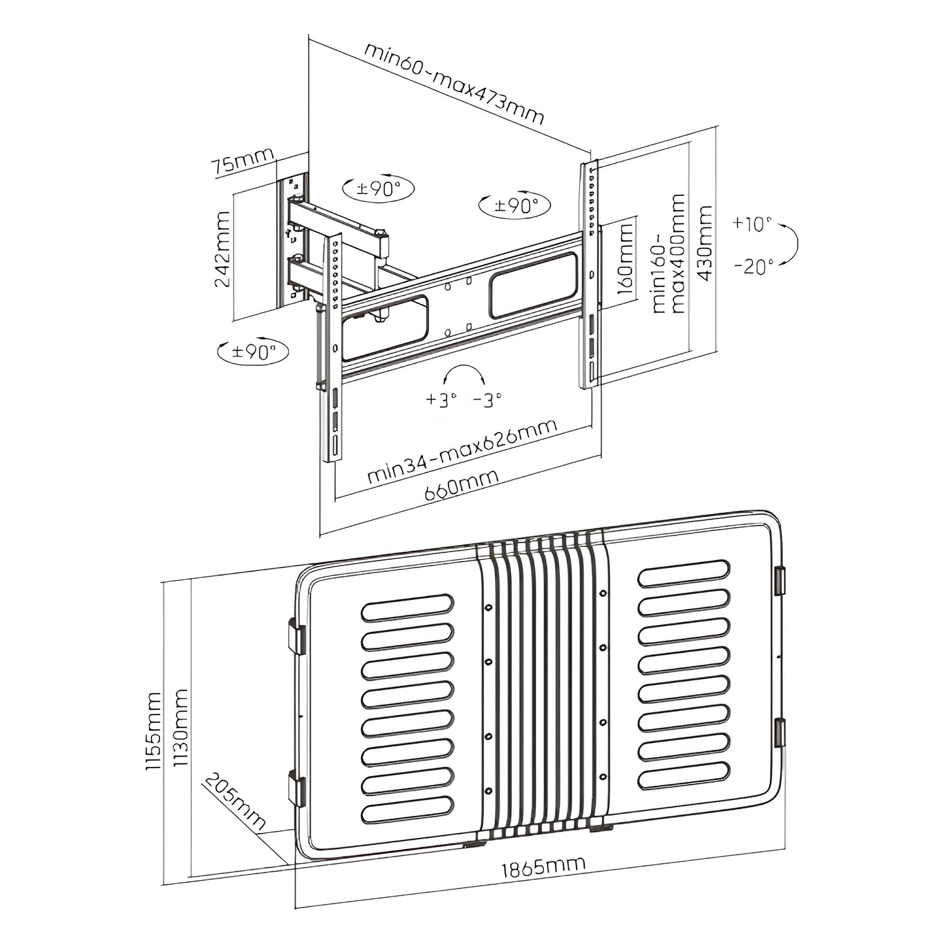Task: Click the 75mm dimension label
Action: click(x=244, y=161)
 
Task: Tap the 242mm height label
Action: click(x=222, y=250)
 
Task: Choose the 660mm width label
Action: click(x=461, y=486)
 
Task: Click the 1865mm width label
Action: click(x=543, y=867)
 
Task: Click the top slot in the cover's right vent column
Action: click(x=684, y=573)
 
